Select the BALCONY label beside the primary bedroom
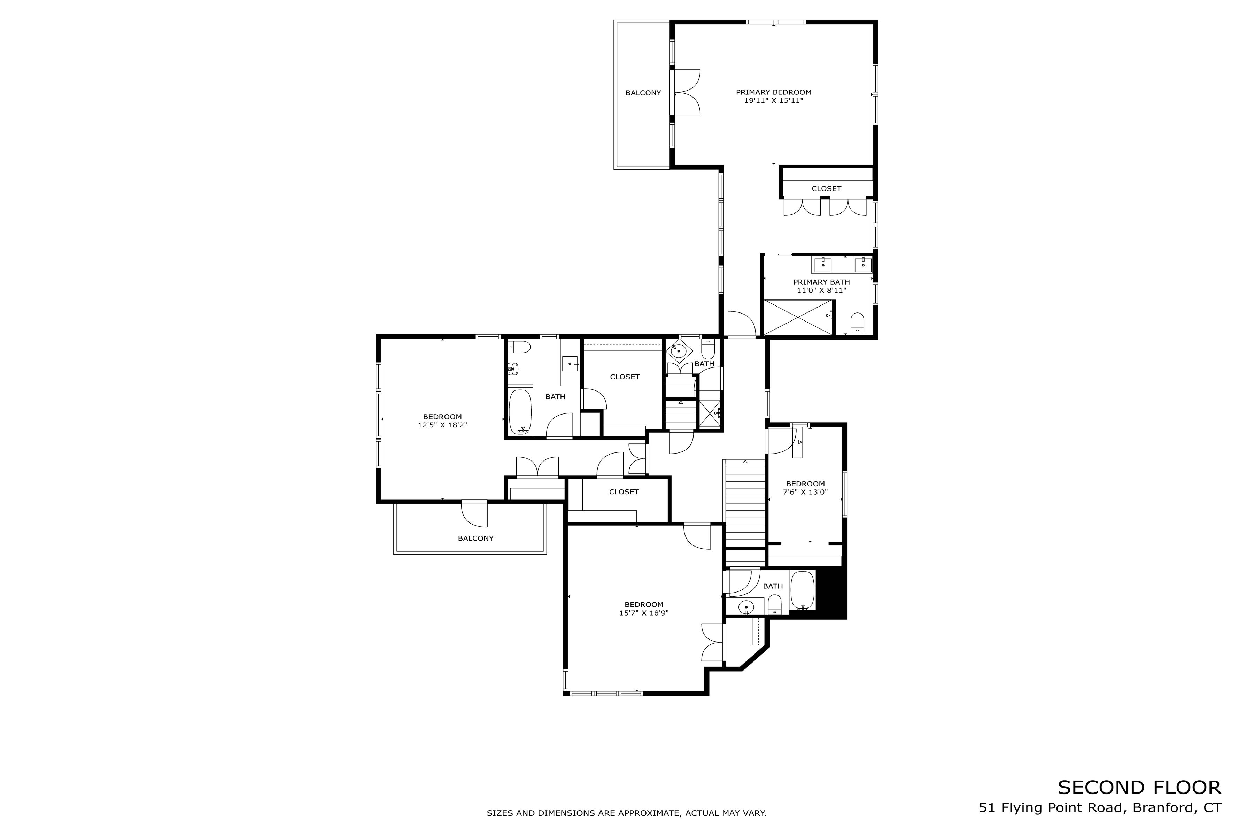click(x=643, y=93)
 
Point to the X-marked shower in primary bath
click(x=798, y=317)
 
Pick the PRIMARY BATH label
click(x=821, y=282)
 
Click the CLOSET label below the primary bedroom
click(x=826, y=189)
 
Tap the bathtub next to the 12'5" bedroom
click(x=520, y=412)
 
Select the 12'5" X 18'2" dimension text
click(x=442, y=425)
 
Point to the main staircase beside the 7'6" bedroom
click(x=745, y=504)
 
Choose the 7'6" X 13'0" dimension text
click(x=805, y=492)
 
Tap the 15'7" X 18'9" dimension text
click(x=643, y=613)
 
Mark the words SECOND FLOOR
click(x=1139, y=788)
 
